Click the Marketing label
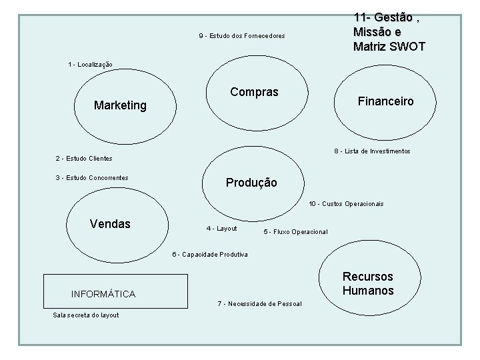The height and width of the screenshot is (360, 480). coord(120,105)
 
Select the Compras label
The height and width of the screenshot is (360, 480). coord(254,92)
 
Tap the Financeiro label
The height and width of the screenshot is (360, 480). coord(385,101)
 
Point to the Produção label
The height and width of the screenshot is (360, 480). coord(251,182)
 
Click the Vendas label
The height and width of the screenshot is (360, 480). coord(110,223)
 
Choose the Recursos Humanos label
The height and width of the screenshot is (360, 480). coord(368,283)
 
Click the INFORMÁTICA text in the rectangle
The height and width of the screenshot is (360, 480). coord(103,294)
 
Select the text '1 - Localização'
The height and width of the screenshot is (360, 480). coord(90,65)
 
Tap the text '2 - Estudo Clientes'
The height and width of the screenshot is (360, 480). coord(83,159)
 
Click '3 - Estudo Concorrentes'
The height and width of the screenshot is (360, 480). coord(91,177)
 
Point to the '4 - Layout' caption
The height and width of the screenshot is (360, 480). coord(221,229)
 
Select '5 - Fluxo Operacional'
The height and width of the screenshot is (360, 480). coord(295,232)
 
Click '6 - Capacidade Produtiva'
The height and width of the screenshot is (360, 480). coord(210,254)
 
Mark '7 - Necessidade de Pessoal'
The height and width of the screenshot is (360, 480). coord(259,304)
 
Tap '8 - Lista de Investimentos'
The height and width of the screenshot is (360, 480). coord(372,151)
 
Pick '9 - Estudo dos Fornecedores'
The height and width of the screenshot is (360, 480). coord(241,35)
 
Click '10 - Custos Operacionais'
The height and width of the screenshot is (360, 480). coord(346,204)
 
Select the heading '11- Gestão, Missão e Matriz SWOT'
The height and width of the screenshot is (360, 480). coord(389,32)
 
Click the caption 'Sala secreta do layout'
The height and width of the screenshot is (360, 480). coord(86,315)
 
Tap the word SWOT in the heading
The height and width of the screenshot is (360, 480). coord(407,47)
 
